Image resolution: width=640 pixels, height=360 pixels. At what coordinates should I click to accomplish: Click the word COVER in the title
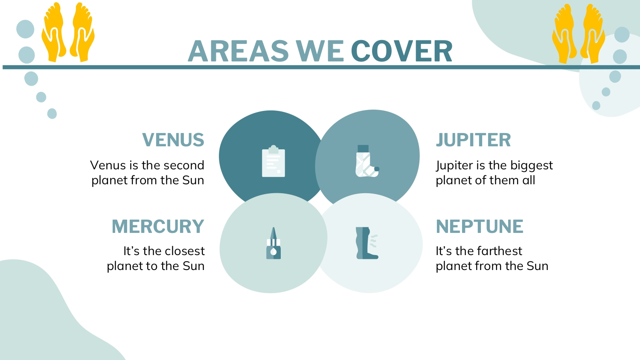(x=402, y=51)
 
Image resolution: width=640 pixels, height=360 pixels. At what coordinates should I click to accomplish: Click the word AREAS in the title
(x=238, y=51)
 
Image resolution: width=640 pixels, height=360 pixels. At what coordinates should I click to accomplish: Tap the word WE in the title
(x=320, y=51)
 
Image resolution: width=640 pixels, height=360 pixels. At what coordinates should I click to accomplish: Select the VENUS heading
(x=173, y=140)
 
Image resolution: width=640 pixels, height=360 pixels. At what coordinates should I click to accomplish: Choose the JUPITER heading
(x=473, y=140)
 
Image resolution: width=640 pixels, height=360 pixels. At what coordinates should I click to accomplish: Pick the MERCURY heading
(x=158, y=226)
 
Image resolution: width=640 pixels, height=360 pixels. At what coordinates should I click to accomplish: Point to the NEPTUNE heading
(x=480, y=226)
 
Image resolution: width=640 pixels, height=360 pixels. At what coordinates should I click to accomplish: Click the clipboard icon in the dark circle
(x=273, y=161)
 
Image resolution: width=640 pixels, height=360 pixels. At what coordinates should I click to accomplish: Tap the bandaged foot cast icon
(x=367, y=161)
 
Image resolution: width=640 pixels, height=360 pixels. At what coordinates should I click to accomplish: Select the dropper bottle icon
(x=273, y=243)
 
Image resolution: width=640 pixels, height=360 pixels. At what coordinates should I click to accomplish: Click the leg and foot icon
(x=367, y=243)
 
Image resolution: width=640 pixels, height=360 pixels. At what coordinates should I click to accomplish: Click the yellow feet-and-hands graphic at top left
(x=68, y=32)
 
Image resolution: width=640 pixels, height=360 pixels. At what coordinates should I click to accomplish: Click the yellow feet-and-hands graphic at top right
(x=578, y=34)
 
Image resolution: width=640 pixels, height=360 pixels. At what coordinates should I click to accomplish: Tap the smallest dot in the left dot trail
(x=52, y=113)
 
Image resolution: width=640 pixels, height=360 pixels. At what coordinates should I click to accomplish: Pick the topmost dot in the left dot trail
(x=25, y=29)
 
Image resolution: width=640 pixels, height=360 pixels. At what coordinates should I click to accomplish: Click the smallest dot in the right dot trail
(x=596, y=105)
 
